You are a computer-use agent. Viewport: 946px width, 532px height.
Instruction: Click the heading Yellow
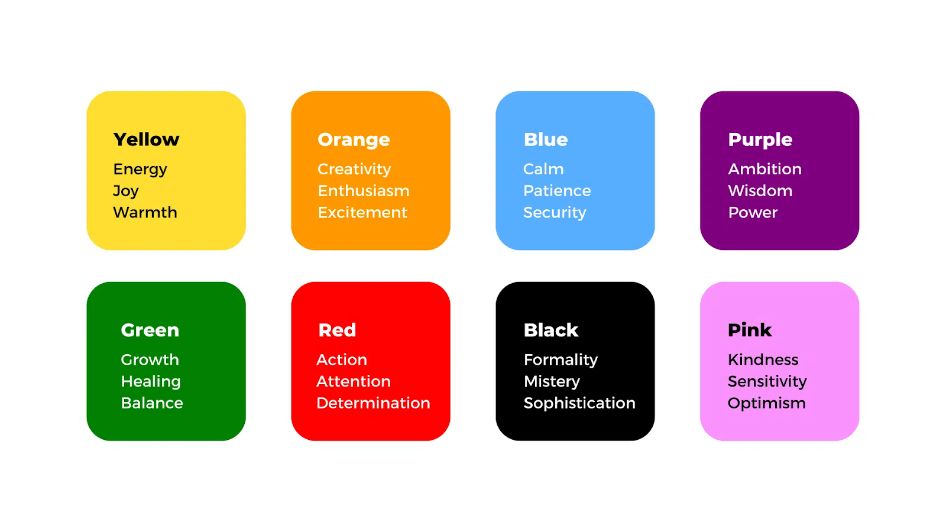[x=146, y=140]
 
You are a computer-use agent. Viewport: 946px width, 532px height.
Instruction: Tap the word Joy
[x=126, y=191]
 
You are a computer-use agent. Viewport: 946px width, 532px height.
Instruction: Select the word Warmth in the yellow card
[x=145, y=212]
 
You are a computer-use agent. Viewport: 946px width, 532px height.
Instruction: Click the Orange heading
[x=354, y=140]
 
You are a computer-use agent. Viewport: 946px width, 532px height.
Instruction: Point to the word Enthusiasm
[x=363, y=191]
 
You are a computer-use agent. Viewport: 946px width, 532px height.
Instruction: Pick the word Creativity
[x=354, y=169]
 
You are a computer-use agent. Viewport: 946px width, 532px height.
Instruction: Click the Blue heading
[x=545, y=140]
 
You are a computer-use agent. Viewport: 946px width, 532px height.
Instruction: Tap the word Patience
[x=557, y=191]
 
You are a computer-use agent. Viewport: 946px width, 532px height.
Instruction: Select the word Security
[x=555, y=213]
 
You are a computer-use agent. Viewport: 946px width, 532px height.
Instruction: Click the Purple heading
[x=760, y=140]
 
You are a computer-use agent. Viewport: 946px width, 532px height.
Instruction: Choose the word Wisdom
[x=760, y=191]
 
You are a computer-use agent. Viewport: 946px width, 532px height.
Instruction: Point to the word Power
[x=753, y=212]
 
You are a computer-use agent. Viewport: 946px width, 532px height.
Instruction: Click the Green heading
[x=150, y=330]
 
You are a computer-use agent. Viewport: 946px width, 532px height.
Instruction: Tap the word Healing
[x=151, y=382]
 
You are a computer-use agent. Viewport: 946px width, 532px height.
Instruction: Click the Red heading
[x=337, y=330]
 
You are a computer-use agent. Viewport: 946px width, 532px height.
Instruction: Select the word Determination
[x=373, y=403]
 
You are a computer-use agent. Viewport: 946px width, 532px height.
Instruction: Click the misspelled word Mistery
[x=552, y=382]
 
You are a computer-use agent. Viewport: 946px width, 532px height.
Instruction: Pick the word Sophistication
[x=579, y=403]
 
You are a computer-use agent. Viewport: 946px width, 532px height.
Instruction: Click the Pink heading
[x=750, y=330]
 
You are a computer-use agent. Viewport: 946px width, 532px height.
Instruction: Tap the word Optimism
[x=766, y=403]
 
